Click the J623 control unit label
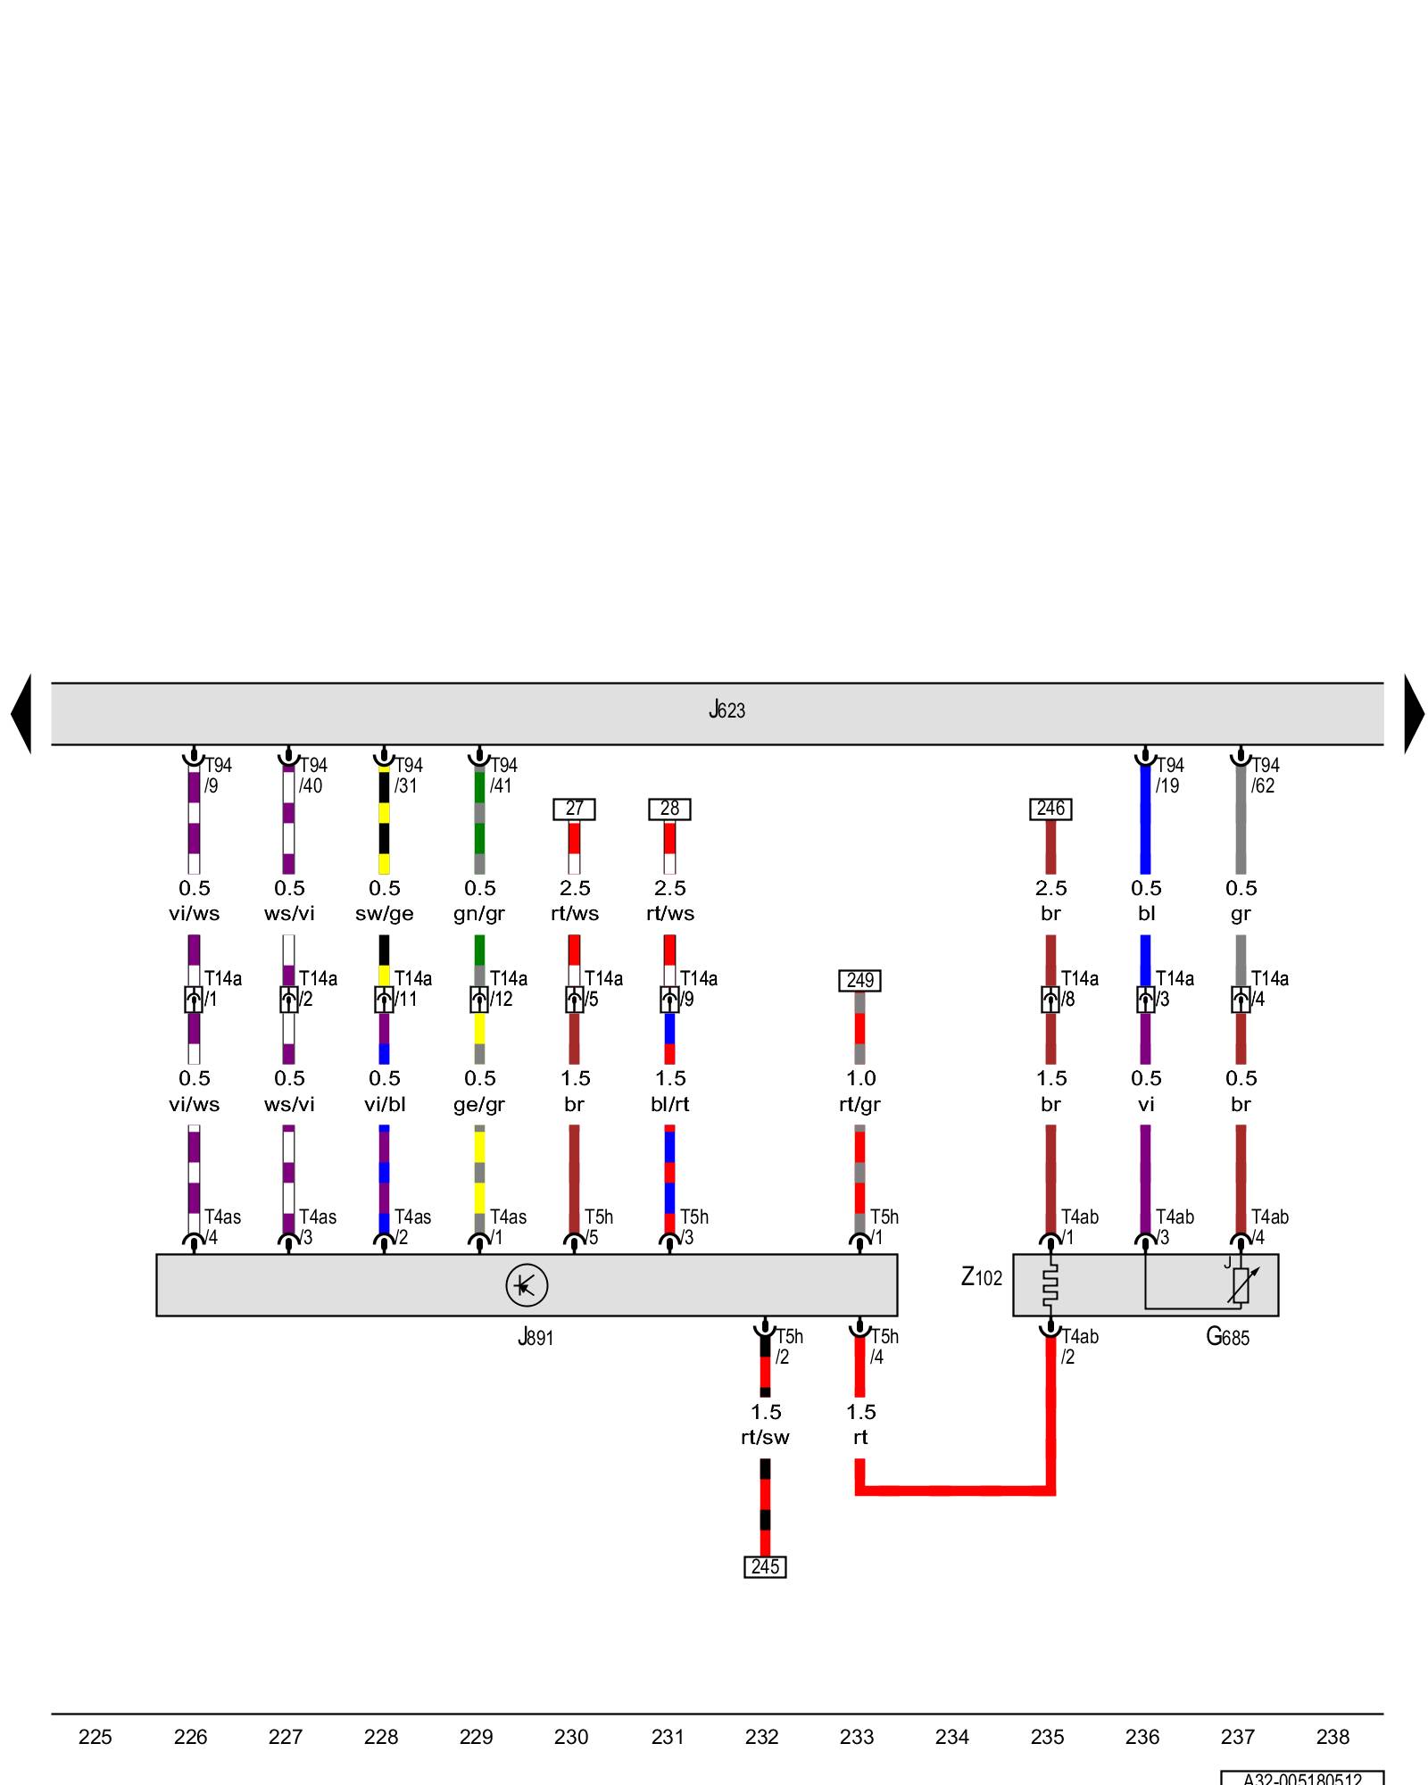[726, 710]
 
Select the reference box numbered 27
[574, 809]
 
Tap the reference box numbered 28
[669, 809]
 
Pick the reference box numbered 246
[1050, 809]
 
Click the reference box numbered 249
[859, 980]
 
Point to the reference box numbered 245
[765, 1566]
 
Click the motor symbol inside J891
[526, 1285]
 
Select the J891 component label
[535, 1337]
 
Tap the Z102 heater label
[981, 1278]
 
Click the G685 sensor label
[1227, 1337]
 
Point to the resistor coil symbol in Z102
[1050, 1285]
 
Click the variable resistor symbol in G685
[1241, 1285]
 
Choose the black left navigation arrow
[21, 714]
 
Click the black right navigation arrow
[1414, 714]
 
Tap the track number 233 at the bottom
[857, 1737]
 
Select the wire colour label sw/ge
[385, 914]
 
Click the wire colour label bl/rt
[669, 1104]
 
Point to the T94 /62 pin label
[1264, 776]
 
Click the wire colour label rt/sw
[765, 1437]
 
